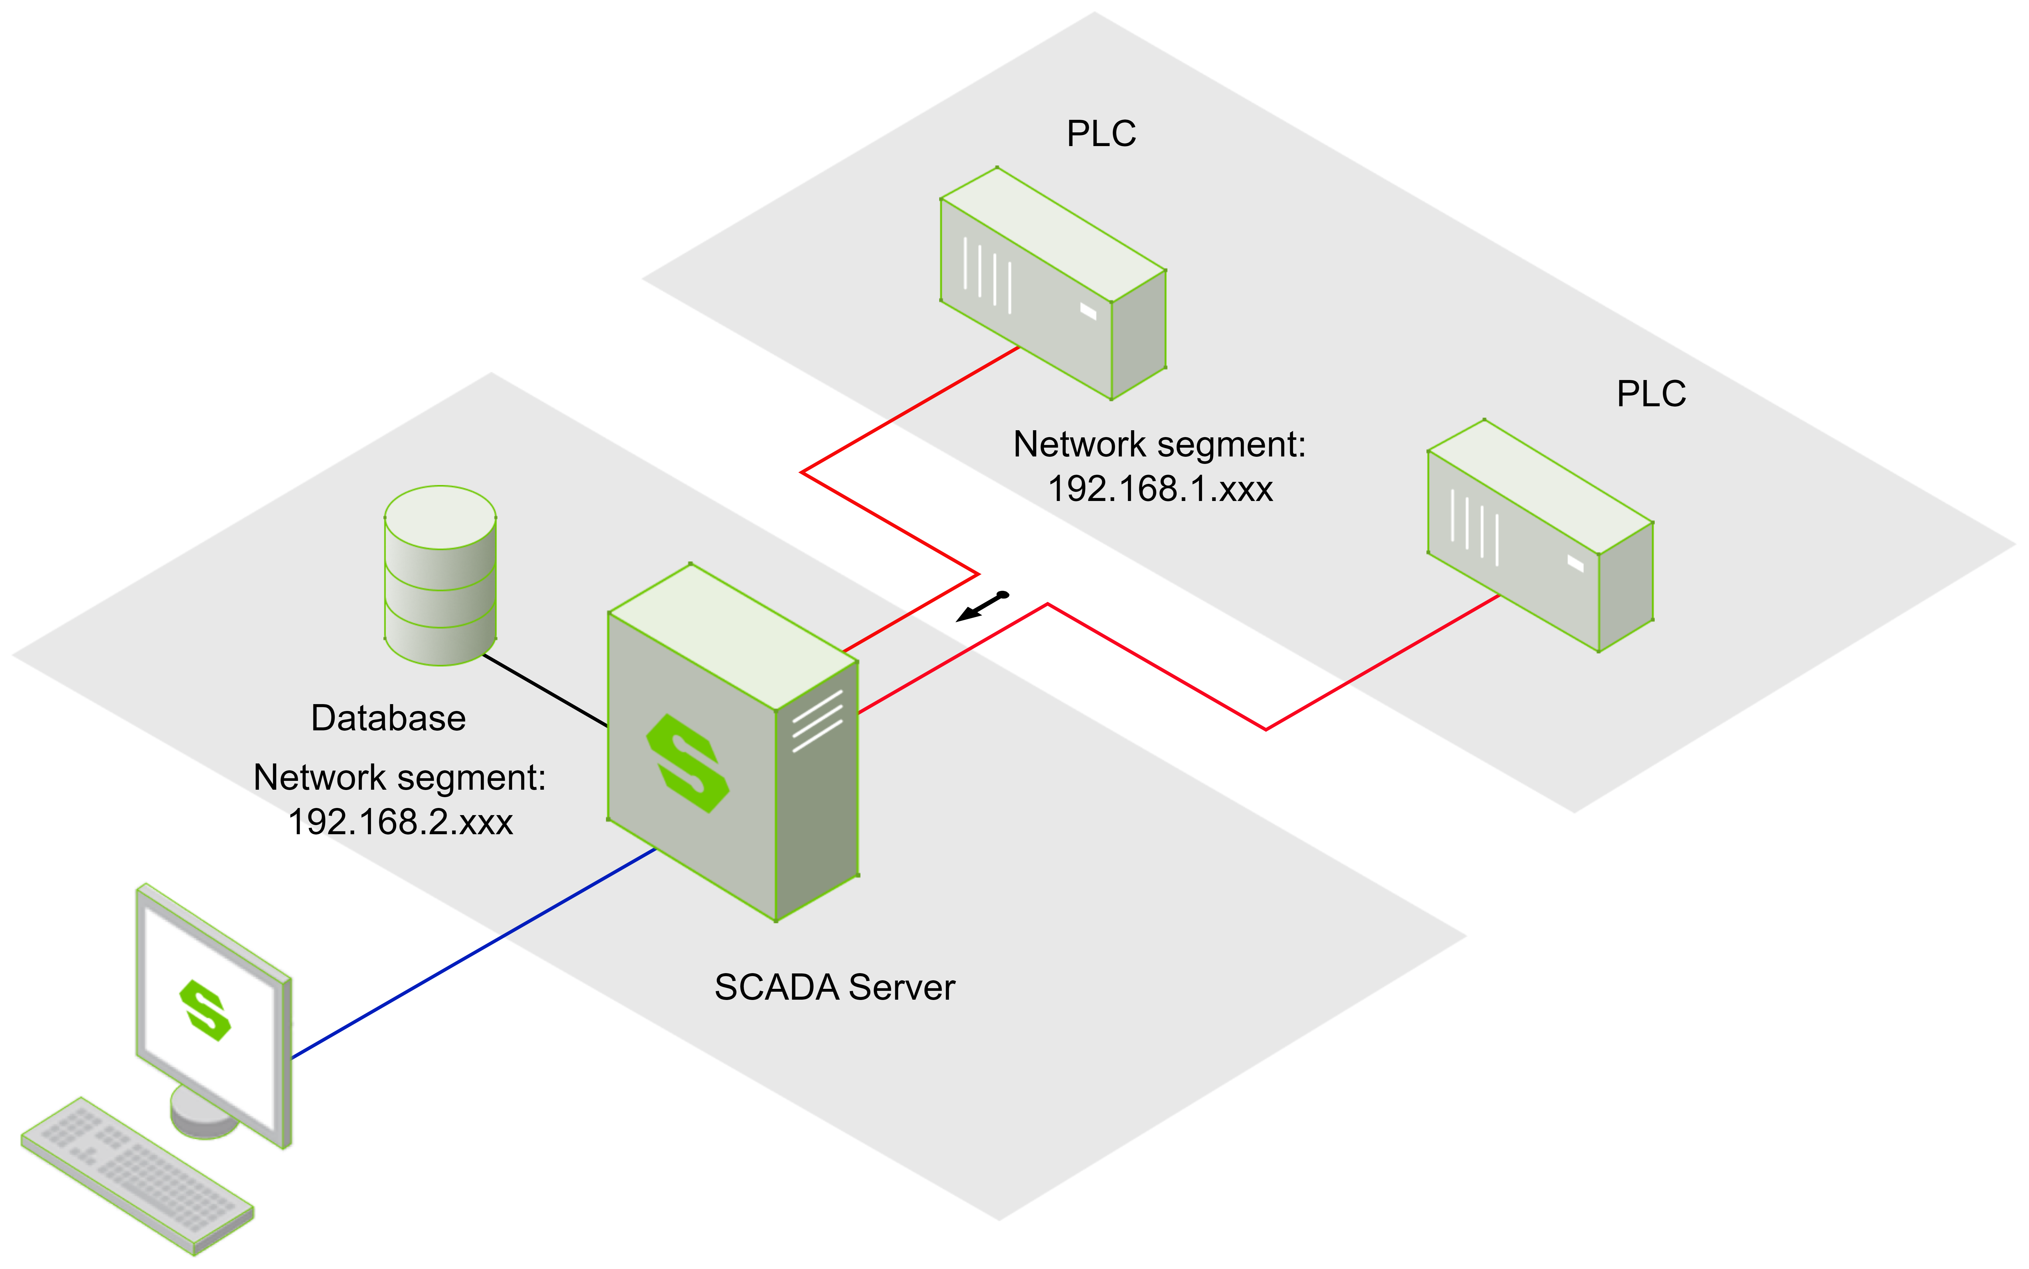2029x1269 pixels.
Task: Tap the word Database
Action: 388,718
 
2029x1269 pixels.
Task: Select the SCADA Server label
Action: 834,988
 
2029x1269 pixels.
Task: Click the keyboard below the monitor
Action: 137,1175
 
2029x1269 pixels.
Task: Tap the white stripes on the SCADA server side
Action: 817,720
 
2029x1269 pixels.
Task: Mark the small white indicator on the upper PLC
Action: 1088,311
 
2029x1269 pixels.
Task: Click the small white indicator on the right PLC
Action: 1575,563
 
